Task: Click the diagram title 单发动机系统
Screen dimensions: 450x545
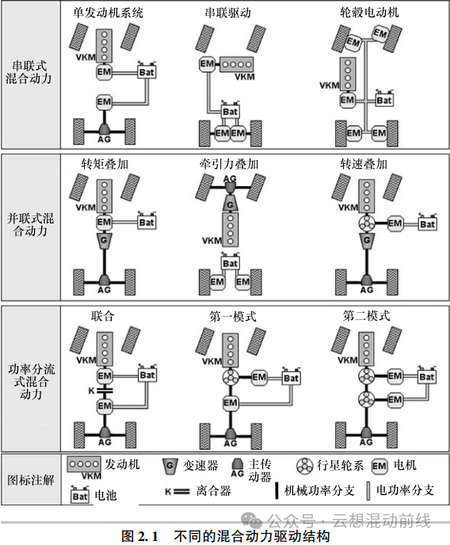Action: pyautogui.click(x=108, y=13)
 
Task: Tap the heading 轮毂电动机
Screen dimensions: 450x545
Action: pyautogui.click(x=369, y=13)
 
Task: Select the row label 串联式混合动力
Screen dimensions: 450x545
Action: pyautogui.click(x=29, y=72)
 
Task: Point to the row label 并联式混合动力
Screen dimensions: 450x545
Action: pyautogui.click(x=30, y=224)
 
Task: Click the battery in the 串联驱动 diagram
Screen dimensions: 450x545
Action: pyautogui.click(x=230, y=111)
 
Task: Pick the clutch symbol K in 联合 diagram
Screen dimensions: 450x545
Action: pyautogui.click(x=105, y=391)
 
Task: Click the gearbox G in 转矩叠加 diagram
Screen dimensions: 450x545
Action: pyautogui.click(x=104, y=241)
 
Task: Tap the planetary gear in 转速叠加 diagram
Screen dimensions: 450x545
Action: pyautogui.click(x=367, y=224)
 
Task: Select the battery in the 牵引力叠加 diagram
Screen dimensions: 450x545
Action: pyautogui.click(x=230, y=263)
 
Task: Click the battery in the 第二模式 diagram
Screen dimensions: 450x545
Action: pyautogui.click(x=427, y=376)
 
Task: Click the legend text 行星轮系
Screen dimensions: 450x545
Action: pyautogui.click(x=340, y=465)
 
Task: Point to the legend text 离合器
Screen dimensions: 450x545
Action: pyautogui.click(x=213, y=491)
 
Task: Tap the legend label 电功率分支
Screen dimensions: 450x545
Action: pyautogui.click(x=405, y=490)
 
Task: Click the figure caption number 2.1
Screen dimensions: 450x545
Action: pyautogui.click(x=150, y=535)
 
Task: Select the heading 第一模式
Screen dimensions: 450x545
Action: pyautogui.click(x=233, y=316)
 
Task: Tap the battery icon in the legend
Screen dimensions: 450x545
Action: pyautogui.click(x=80, y=494)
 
